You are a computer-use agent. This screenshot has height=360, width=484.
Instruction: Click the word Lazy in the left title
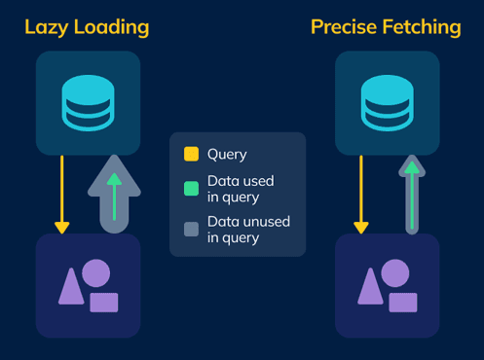46,27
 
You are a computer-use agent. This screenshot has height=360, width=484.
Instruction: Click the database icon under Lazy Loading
88,102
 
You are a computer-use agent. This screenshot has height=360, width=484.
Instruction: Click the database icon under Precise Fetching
388,102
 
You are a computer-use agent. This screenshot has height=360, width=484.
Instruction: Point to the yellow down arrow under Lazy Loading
62,195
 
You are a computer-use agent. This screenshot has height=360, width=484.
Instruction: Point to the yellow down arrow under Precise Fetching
361,195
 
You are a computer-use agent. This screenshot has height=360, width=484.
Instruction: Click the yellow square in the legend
191,154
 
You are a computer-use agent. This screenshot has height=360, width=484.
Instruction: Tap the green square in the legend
191,188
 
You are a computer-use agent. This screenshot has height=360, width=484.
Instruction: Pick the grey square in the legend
191,230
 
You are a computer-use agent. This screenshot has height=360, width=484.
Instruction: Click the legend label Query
227,154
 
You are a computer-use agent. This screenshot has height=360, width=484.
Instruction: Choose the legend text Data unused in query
248,230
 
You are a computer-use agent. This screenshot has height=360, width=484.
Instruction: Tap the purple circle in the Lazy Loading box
95,272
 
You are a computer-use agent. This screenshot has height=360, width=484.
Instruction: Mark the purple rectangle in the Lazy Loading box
103,302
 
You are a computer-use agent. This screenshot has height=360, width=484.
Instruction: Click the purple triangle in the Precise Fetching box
371,286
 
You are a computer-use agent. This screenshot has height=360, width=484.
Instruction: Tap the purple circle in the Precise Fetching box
395,272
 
